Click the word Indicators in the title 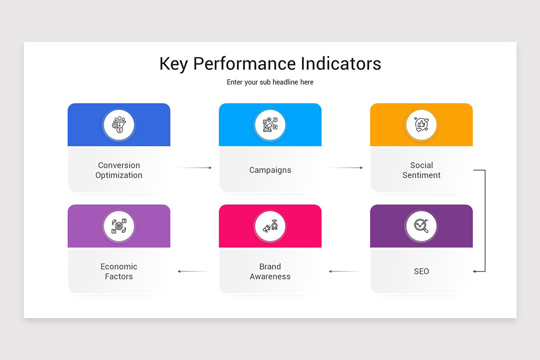coord(341,63)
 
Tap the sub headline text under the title coord(270,82)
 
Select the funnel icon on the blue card coord(119,125)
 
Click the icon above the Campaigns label coord(270,125)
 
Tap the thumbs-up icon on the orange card coord(421,125)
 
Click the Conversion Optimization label coord(119,170)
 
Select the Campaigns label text coord(270,170)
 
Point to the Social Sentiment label coord(421,170)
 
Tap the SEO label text coord(421,271)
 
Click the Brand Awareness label coord(270,271)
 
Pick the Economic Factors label coord(119,271)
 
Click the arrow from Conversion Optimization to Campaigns coord(195,168)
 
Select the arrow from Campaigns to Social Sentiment coord(346,168)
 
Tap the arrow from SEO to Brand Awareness coord(345,271)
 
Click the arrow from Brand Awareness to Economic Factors coord(194,271)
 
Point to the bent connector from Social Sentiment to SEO coord(485,220)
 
